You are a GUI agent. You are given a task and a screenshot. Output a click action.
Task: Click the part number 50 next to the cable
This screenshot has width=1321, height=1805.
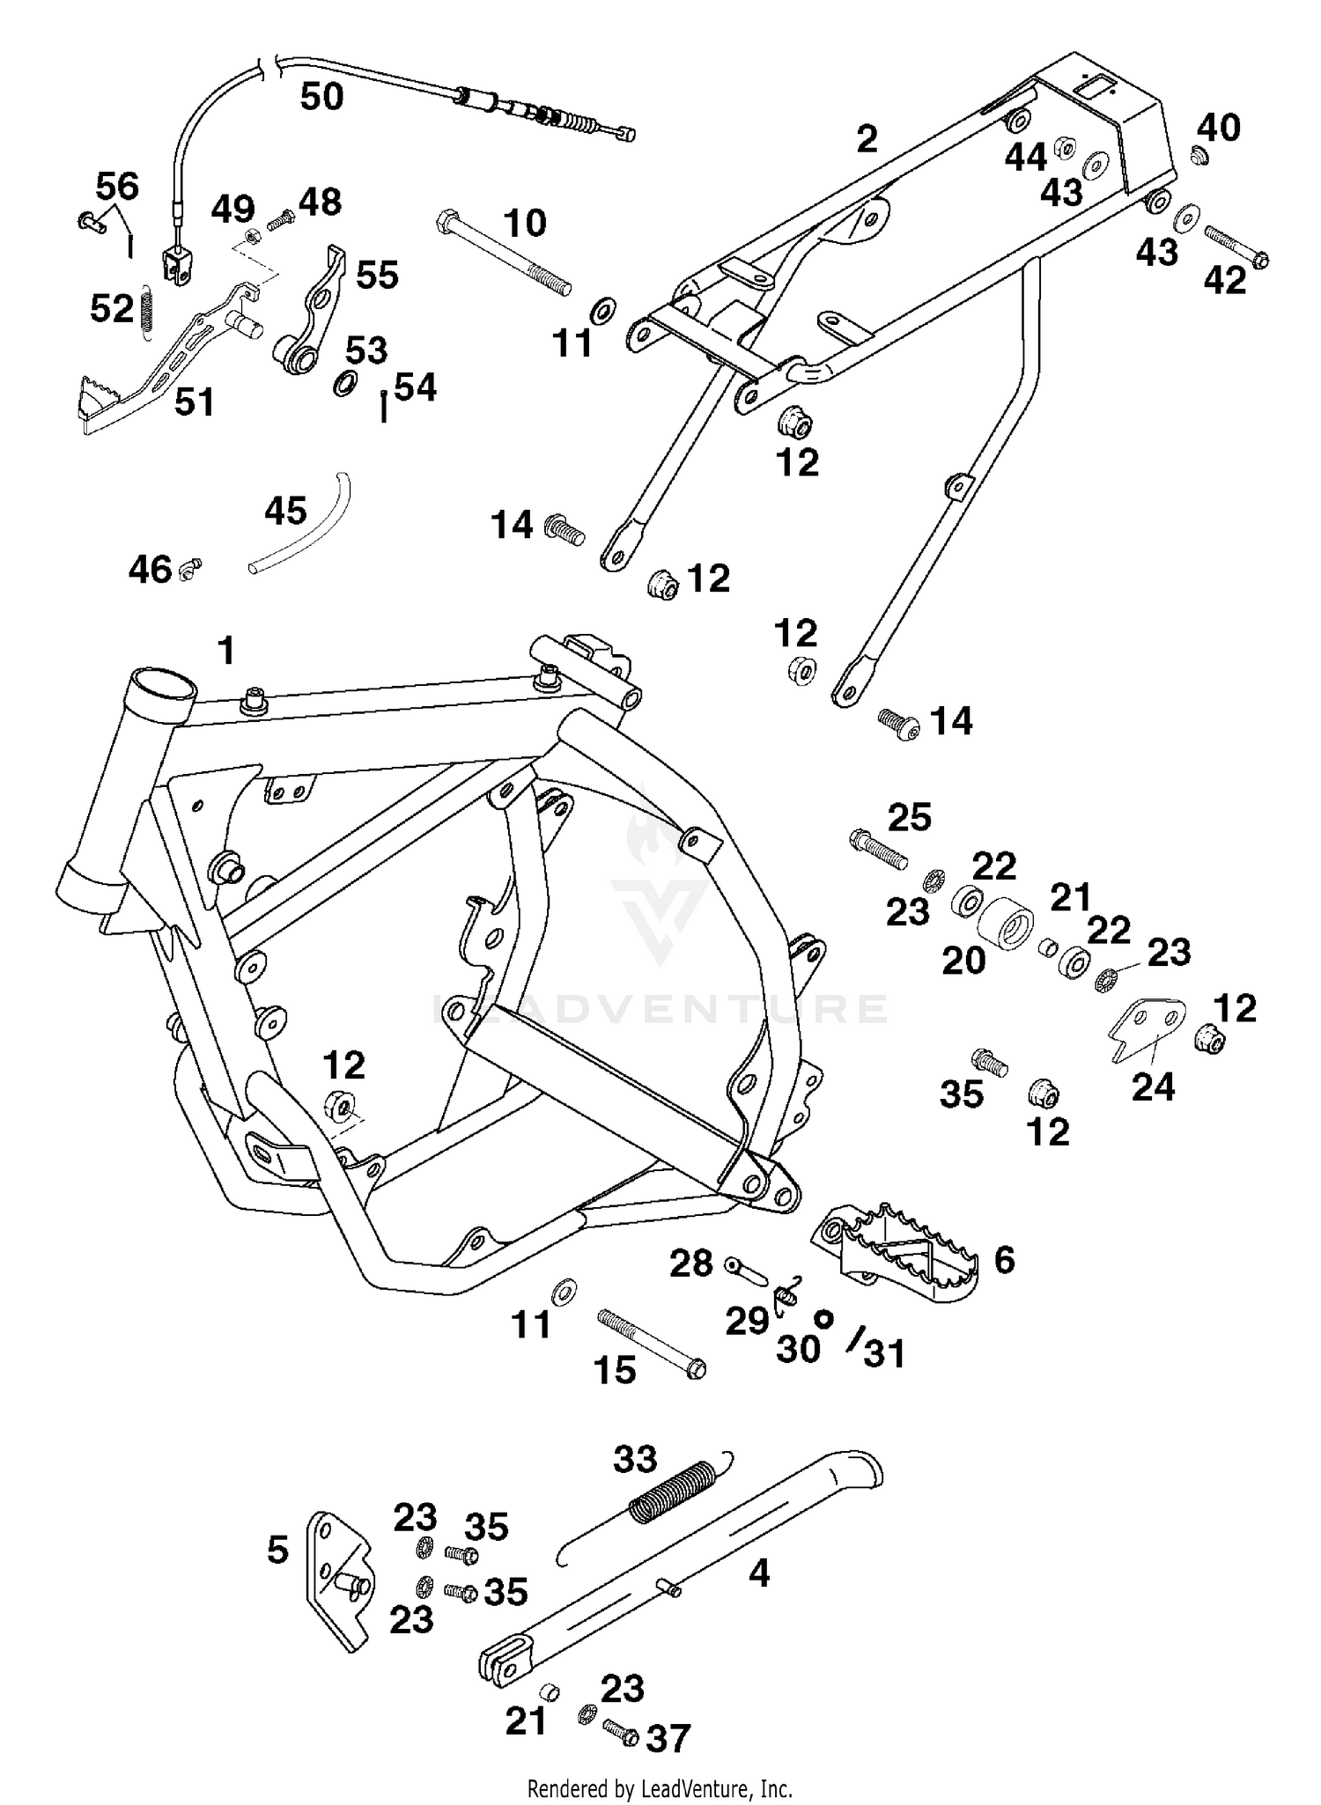click(x=321, y=96)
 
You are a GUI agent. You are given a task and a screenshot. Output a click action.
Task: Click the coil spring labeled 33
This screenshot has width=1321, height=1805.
click(x=671, y=1489)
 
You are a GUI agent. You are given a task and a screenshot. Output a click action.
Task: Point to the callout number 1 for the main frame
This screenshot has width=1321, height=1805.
click(x=226, y=652)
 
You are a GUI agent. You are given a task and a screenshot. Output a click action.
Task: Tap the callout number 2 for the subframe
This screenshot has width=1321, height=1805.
click(x=867, y=139)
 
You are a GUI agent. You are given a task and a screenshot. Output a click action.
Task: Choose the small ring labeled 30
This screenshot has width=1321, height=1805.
click(x=823, y=1318)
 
